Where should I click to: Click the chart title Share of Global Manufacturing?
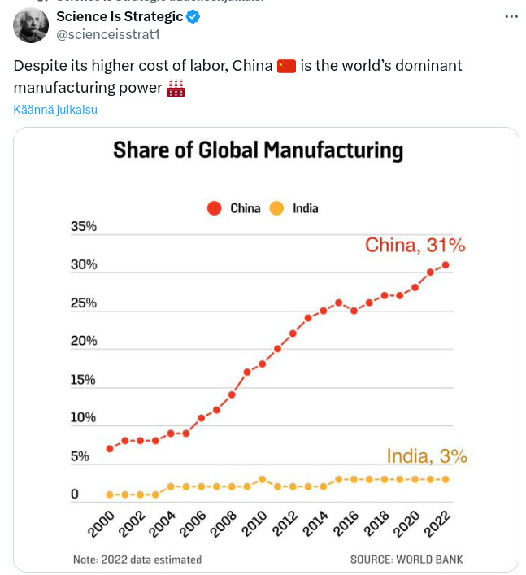(x=258, y=150)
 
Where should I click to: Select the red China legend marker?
(x=215, y=208)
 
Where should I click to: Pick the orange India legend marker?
(x=276, y=208)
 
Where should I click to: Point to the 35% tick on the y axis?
(x=84, y=227)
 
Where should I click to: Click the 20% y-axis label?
(x=84, y=341)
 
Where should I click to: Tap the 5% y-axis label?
(x=80, y=456)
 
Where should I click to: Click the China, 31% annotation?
(x=415, y=245)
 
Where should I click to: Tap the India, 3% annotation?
(x=426, y=456)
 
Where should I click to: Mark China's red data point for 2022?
(x=446, y=264)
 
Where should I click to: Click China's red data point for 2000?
(x=110, y=448)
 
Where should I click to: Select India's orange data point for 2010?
(x=263, y=479)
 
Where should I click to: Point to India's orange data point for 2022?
(x=446, y=479)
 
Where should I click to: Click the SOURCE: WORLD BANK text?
(x=406, y=560)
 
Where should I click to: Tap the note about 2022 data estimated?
(x=137, y=560)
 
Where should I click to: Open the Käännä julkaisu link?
(x=55, y=110)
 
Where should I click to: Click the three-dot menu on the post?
(x=509, y=16)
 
